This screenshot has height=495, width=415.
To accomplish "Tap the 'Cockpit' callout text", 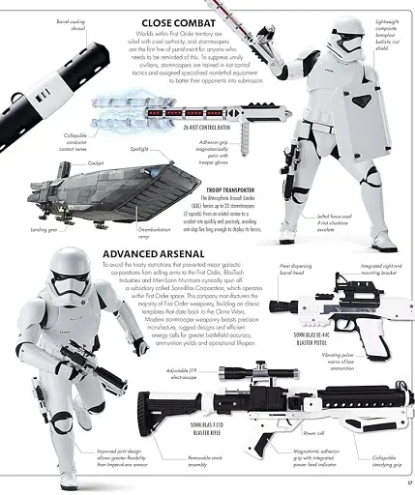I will click(x=95, y=163).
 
